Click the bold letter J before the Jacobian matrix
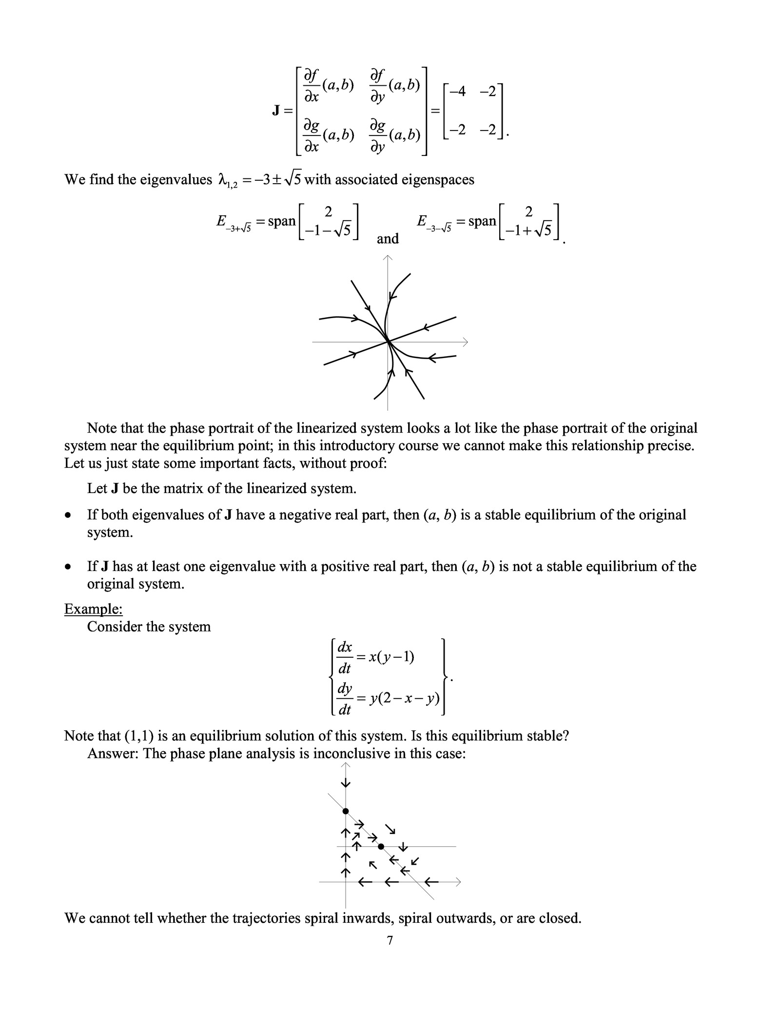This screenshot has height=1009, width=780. point(275,111)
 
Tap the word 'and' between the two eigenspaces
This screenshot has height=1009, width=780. point(388,239)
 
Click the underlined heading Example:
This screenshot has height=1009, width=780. point(93,609)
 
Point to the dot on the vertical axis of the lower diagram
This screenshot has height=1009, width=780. point(346,811)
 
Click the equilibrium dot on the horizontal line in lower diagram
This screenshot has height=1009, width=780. point(381,847)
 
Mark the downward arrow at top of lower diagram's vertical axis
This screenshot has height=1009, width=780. point(346,783)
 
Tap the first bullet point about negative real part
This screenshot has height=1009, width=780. point(70,515)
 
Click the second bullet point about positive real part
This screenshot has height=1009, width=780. point(70,567)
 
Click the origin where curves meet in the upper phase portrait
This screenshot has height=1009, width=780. point(388,342)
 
